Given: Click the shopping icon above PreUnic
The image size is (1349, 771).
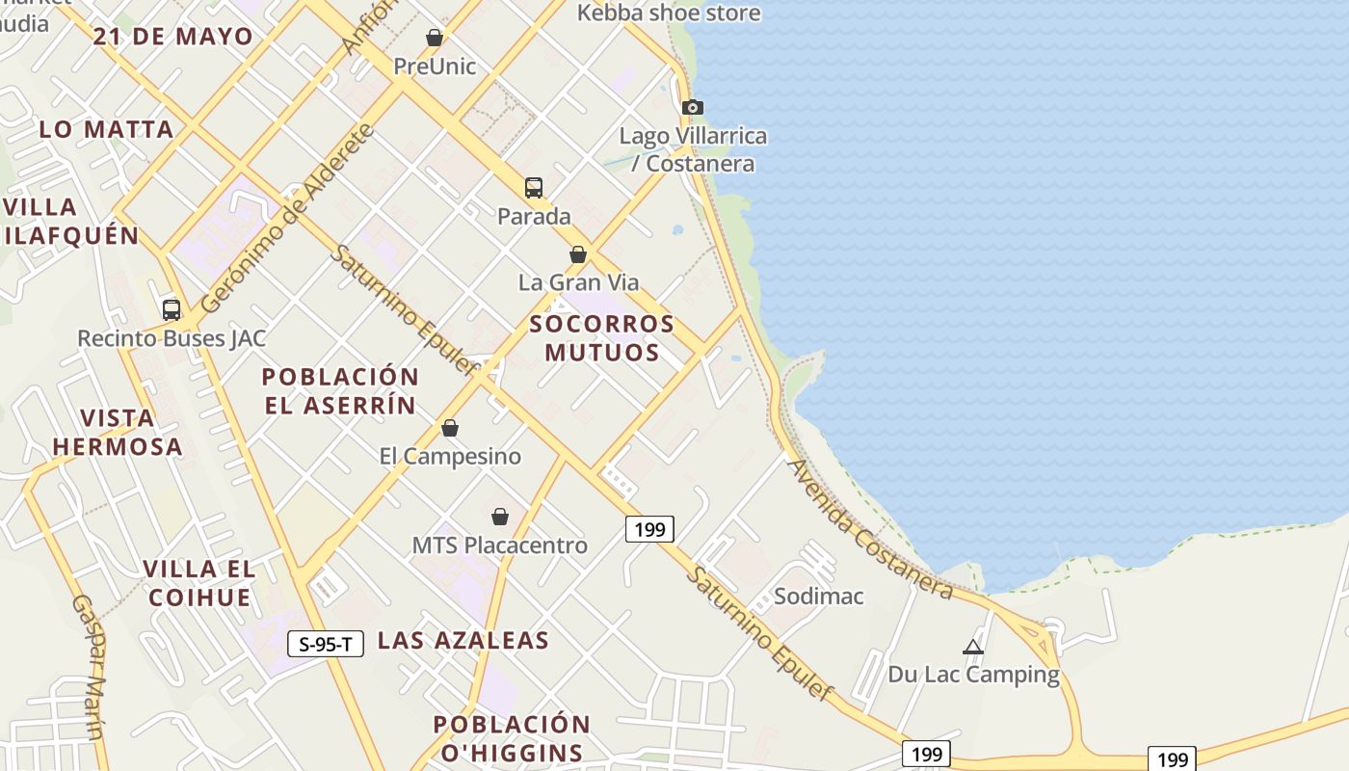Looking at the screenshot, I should coord(435,38).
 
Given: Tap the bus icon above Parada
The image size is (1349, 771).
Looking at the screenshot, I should coord(534,187).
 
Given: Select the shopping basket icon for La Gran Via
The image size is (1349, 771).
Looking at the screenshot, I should coord(578,254).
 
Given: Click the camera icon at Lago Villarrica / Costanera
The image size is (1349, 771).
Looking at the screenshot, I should coord(692,107).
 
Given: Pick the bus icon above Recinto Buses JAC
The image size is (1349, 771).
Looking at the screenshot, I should coord(172,309).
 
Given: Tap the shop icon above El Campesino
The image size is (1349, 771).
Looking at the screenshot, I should coord(450,428).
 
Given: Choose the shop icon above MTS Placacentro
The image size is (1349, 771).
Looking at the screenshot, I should coord(500,518).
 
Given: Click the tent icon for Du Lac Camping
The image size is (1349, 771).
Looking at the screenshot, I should coord(973,647).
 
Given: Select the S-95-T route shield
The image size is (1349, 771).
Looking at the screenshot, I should coord(326,644).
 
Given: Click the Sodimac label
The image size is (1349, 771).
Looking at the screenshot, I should coord(819,596).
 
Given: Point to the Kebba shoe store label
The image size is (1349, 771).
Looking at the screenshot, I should coord(669,13).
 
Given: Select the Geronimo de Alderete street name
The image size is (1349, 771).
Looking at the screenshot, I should coord(286,219).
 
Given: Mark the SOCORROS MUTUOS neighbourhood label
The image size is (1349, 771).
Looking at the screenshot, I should coord(602,337).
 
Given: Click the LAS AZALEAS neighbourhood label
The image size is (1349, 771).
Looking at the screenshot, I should coord(463,640).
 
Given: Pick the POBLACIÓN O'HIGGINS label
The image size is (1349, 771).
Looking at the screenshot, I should coord(512,738).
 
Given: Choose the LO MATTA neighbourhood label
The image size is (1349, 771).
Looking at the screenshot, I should coord(107,129).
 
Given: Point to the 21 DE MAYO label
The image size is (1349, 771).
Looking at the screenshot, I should coord(173,37).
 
